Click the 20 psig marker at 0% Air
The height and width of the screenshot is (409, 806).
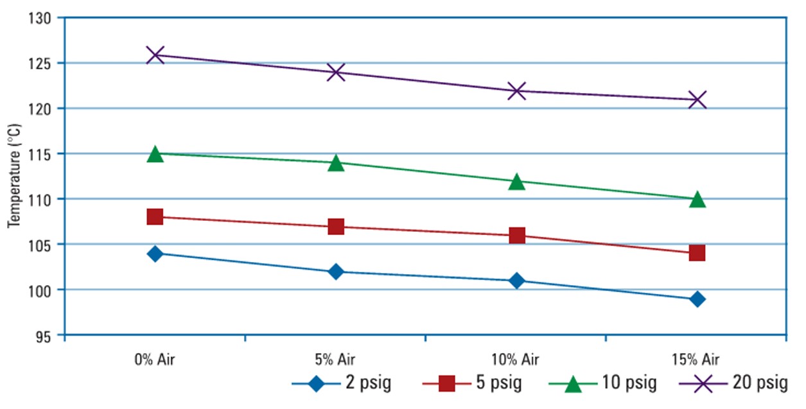[155, 55]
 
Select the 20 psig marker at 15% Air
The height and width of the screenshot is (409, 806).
[697, 100]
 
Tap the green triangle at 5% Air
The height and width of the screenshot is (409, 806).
[336, 163]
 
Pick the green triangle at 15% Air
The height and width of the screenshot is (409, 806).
[697, 200]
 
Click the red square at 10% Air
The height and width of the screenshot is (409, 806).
[517, 236]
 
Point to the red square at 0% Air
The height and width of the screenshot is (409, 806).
[155, 217]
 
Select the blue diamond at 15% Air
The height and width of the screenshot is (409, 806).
[697, 299]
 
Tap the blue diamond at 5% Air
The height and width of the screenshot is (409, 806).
[336, 272]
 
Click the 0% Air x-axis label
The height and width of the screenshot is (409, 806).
[155, 358]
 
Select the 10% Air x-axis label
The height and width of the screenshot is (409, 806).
[517, 358]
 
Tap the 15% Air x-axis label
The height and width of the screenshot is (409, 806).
[697, 358]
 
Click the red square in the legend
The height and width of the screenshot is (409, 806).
[447, 385]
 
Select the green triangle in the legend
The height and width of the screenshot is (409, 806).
[574, 385]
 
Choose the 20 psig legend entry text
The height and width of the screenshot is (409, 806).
[759, 385]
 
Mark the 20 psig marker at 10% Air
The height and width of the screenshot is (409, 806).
[517, 91]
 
